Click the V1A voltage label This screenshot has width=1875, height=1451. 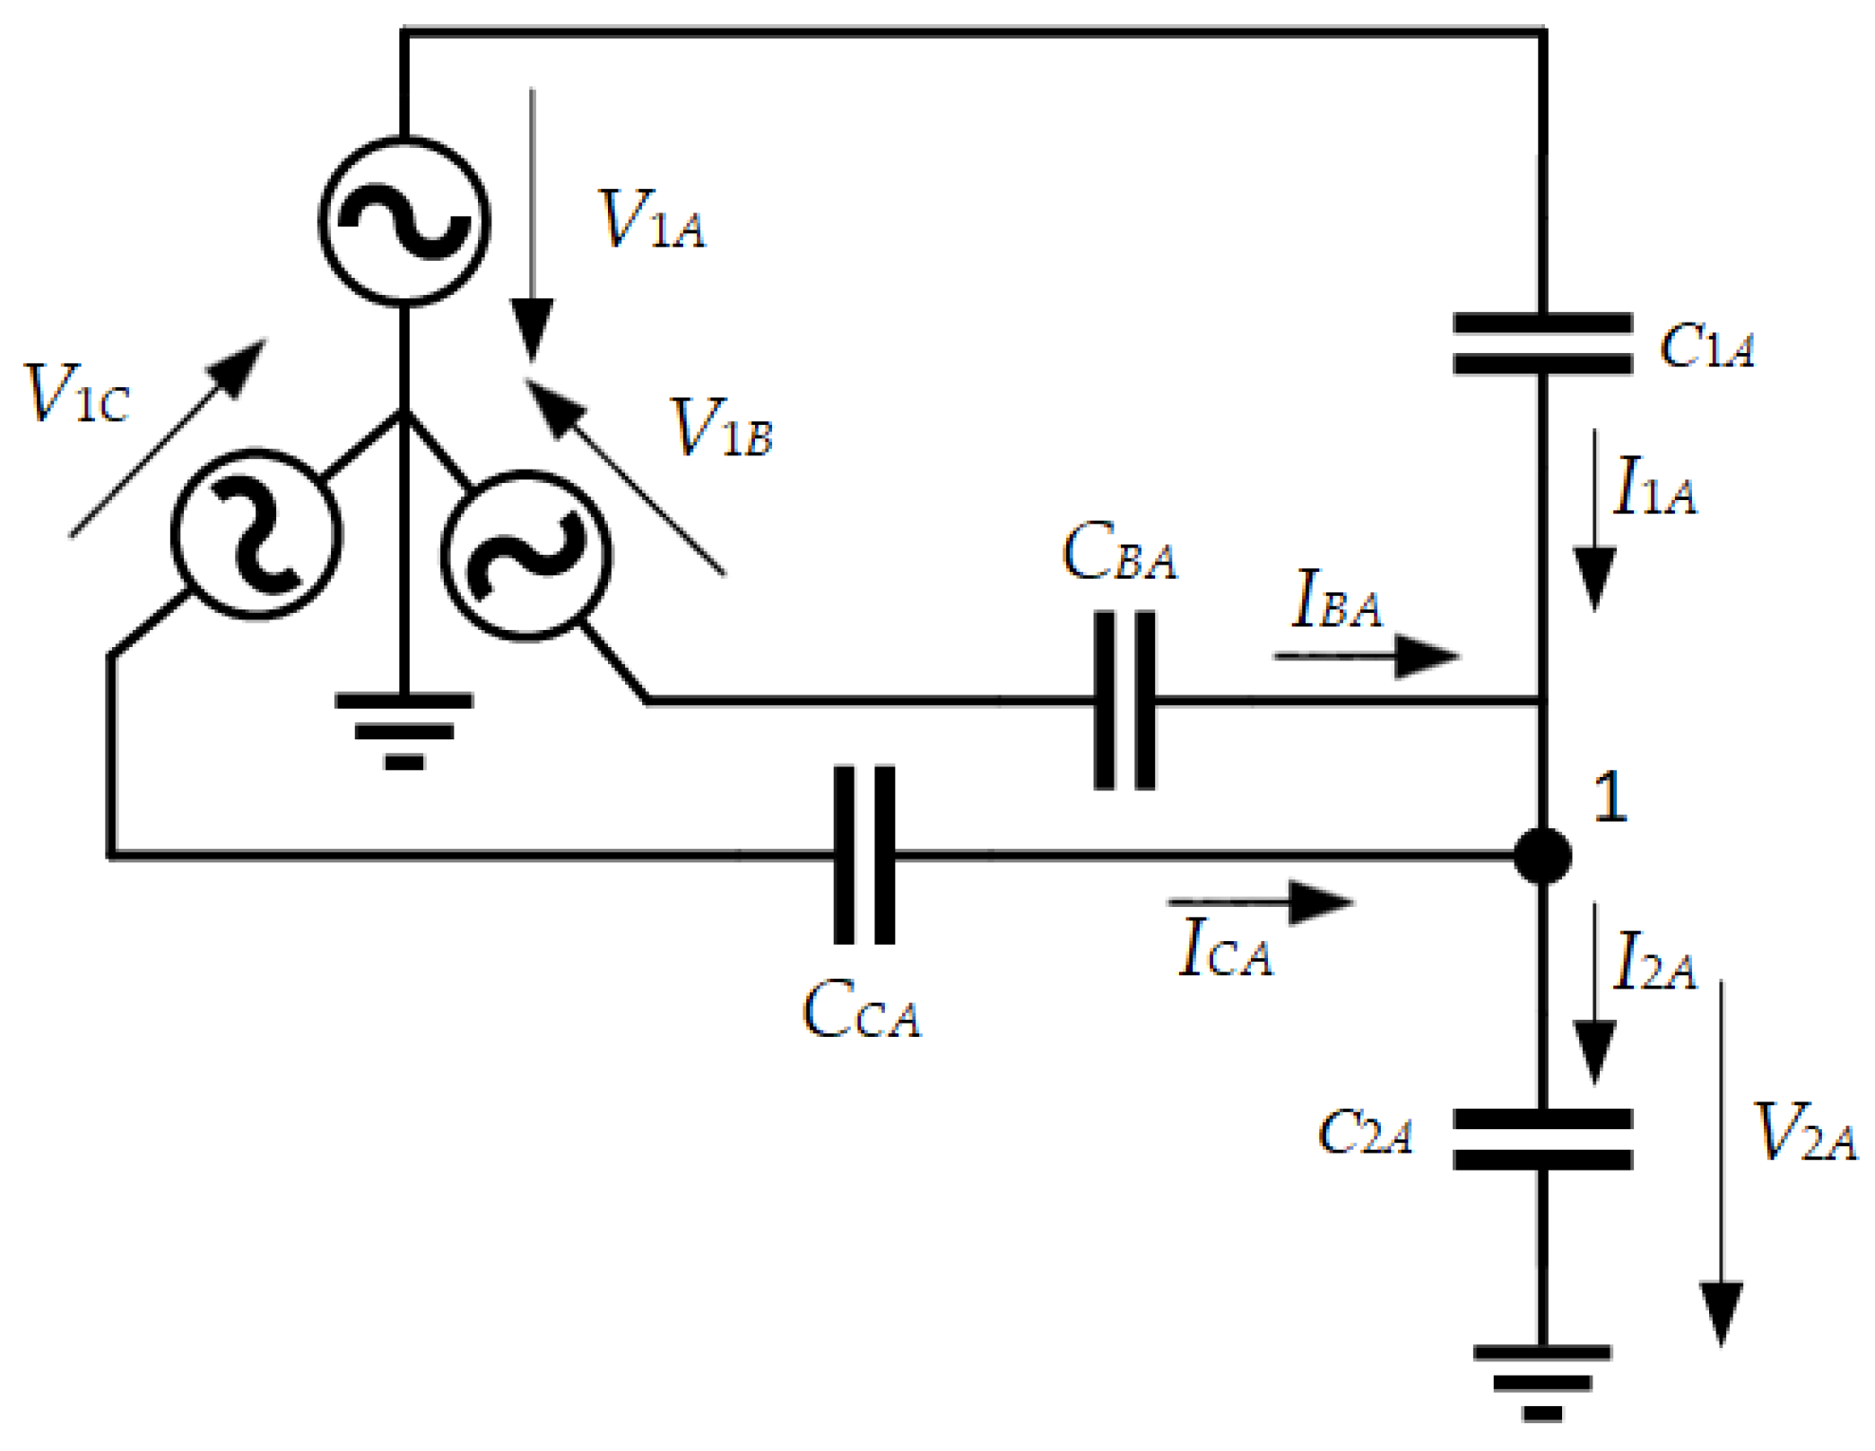pyautogui.click(x=652, y=220)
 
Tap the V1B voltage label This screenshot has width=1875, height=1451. pyautogui.click(x=722, y=428)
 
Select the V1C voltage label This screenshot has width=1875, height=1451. pyautogui.click(x=77, y=393)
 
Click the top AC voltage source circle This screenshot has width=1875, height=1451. pyautogui.click(x=404, y=221)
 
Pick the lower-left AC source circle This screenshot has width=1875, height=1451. pyautogui.click(x=256, y=534)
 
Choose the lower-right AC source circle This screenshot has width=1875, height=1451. pyautogui.click(x=526, y=556)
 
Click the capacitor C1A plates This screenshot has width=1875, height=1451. pyautogui.click(x=1541, y=343)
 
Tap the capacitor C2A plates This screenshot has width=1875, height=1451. pyautogui.click(x=1541, y=1139)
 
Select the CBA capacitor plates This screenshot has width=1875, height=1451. pyautogui.click(x=1124, y=701)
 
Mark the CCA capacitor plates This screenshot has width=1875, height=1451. pyautogui.click(x=864, y=855)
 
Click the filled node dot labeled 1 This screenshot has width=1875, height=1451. pyautogui.click(x=1542, y=855)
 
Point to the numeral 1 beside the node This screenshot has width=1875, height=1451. pyautogui.click(x=1610, y=797)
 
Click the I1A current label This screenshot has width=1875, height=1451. pyautogui.click(x=1654, y=487)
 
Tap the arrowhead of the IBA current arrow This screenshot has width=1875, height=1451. pyautogui.click(x=1429, y=657)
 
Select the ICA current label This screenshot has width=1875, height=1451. pyautogui.click(x=1225, y=947)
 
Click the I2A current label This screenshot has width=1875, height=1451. pyautogui.click(x=1654, y=962)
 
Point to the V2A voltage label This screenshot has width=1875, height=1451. pyautogui.click(x=1803, y=1132)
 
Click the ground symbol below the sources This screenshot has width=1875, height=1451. pyautogui.click(x=404, y=730)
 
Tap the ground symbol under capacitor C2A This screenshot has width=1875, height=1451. pyautogui.click(x=1541, y=1382)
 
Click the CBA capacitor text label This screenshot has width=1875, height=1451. pyautogui.click(x=1118, y=553)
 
